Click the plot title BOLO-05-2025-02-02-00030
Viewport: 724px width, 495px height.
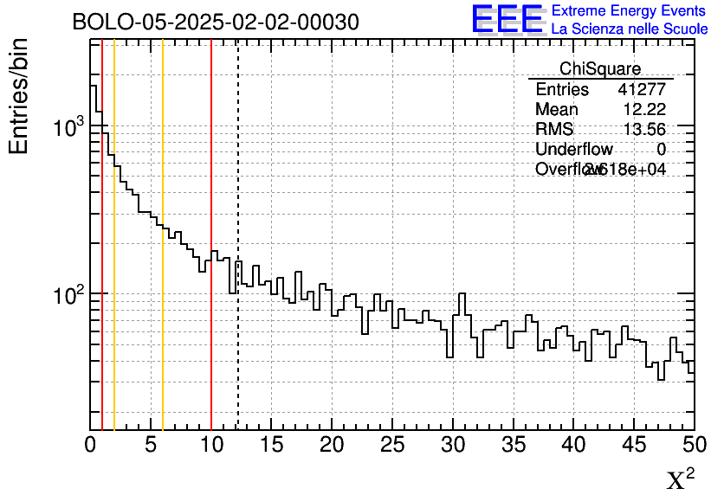pyautogui.click(x=215, y=22)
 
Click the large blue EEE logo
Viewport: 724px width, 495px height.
pyautogui.click(x=507, y=19)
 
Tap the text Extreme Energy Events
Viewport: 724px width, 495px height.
pyautogui.click(x=630, y=11)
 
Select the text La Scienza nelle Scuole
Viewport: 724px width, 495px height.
pyautogui.click(x=630, y=29)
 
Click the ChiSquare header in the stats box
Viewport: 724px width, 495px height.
pyautogui.click(x=599, y=69)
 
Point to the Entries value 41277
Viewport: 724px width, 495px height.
pyautogui.click(x=642, y=90)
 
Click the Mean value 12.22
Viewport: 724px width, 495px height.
pyautogui.click(x=644, y=110)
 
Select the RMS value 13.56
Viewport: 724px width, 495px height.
pyautogui.click(x=644, y=130)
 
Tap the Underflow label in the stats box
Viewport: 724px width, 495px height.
pyautogui.click(x=573, y=150)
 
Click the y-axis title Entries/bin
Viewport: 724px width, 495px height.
pyautogui.click(x=19, y=96)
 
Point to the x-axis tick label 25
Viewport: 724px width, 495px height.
pyautogui.click(x=392, y=445)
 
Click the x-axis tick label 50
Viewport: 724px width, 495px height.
pyautogui.click(x=694, y=445)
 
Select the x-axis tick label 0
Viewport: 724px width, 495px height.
pyautogui.click(x=91, y=445)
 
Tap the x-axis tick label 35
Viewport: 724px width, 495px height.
pyautogui.click(x=513, y=445)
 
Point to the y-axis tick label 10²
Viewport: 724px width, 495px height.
pyautogui.click(x=66, y=295)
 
